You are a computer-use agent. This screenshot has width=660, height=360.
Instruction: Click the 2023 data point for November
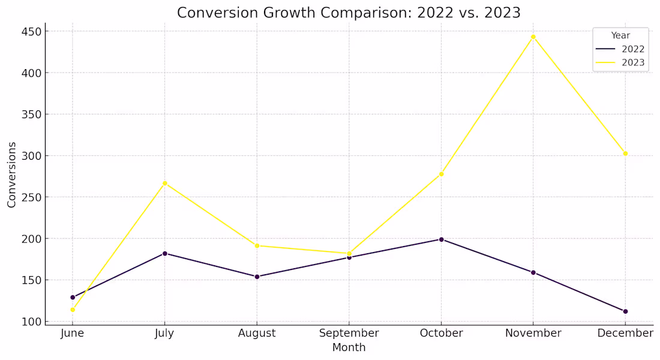pyautogui.click(x=533, y=37)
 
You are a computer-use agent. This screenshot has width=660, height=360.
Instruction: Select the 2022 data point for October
pyautogui.click(x=441, y=239)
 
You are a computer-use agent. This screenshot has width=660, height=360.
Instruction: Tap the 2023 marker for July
pyautogui.click(x=164, y=183)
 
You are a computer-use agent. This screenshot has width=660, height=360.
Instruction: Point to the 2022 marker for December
pyautogui.click(x=625, y=311)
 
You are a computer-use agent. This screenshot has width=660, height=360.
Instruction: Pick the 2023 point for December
pyautogui.click(x=625, y=154)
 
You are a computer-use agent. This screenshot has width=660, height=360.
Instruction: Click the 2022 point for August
pyautogui.click(x=257, y=277)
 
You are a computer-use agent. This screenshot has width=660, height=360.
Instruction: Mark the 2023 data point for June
pyautogui.click(x=73, y=310)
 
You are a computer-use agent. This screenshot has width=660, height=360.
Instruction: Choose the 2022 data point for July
pyautogui.click(x=164, y=253)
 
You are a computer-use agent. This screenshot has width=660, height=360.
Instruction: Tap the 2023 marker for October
pyautogui.click(x=441, y=174)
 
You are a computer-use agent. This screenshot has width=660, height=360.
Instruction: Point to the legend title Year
pyautogui.click(x=620, y=35)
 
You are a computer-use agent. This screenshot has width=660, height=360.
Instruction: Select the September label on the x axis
pyautogui.click(x=349, y=333)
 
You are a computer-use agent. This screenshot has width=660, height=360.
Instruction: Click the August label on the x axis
pyautogui.click(x=257, y=333)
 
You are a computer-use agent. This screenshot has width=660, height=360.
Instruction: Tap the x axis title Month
pyautogui.click(x=349, y=347)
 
